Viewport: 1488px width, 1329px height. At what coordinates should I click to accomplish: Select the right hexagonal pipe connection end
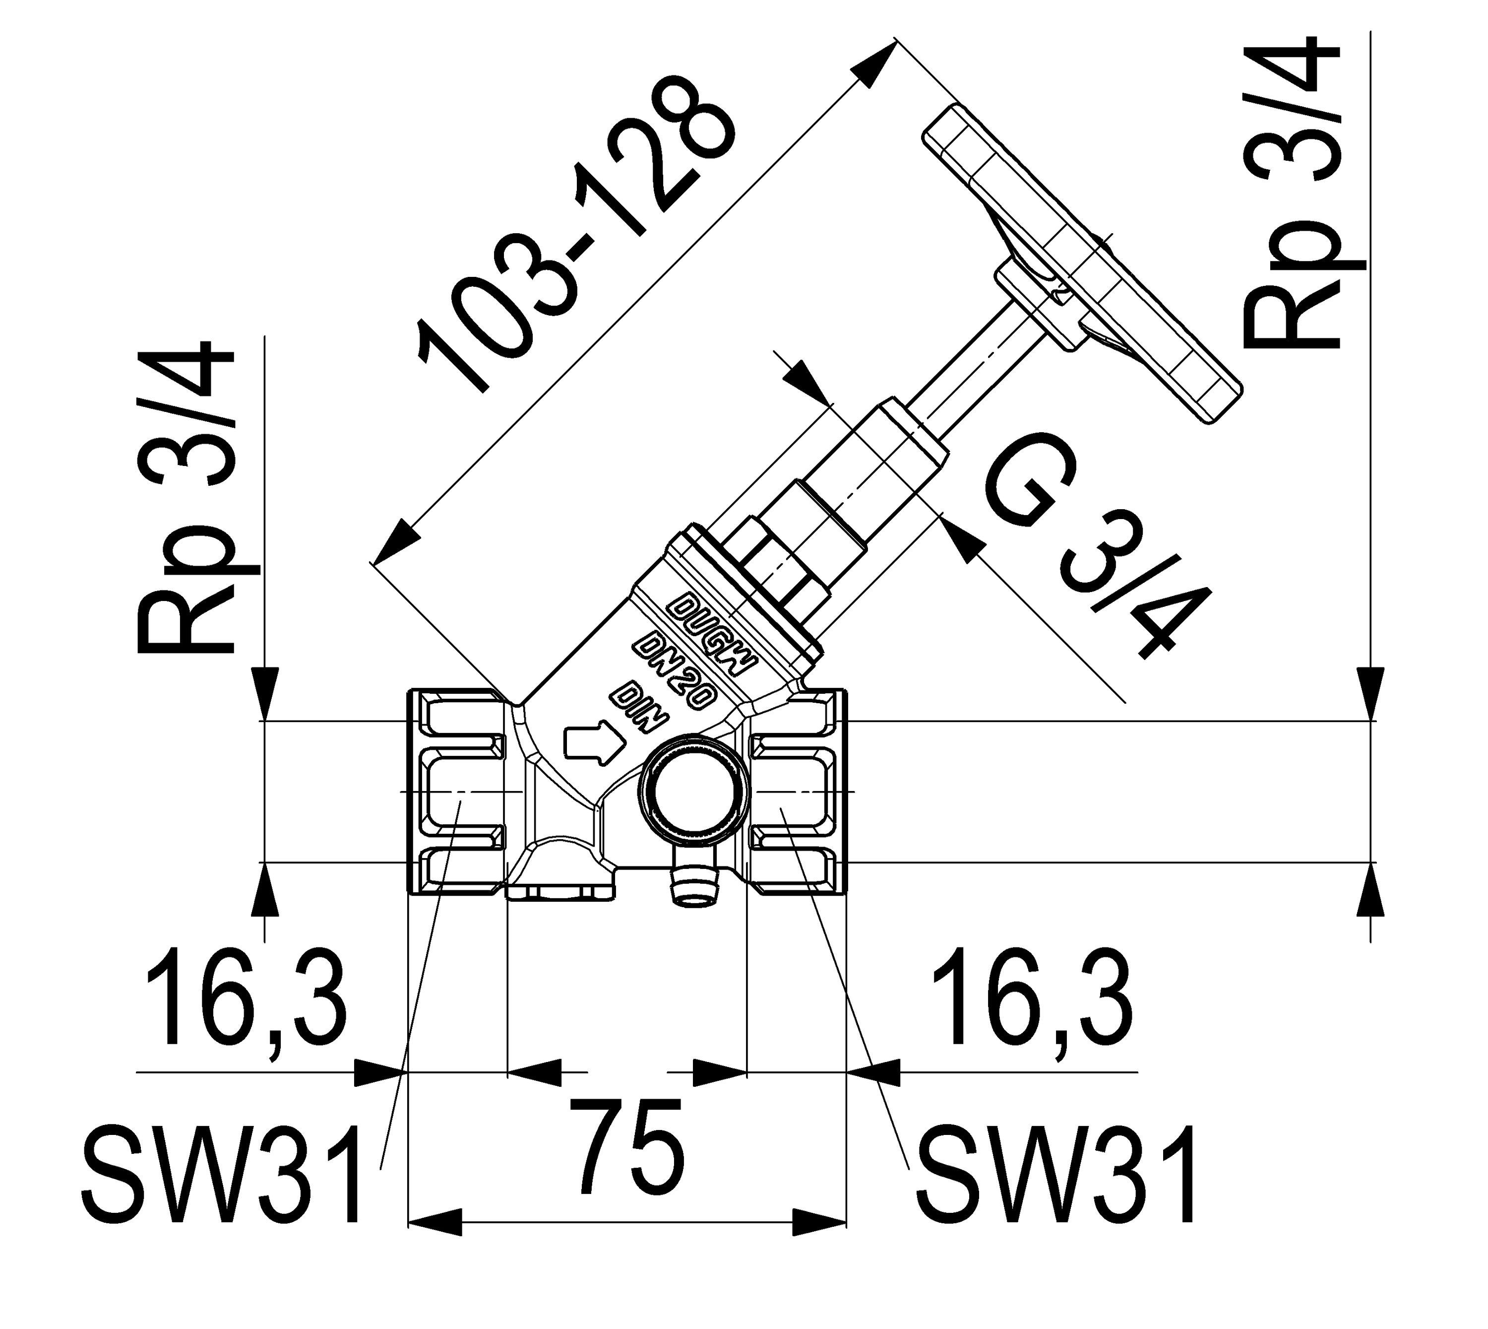pyautogui.click(x=797, y=792)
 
